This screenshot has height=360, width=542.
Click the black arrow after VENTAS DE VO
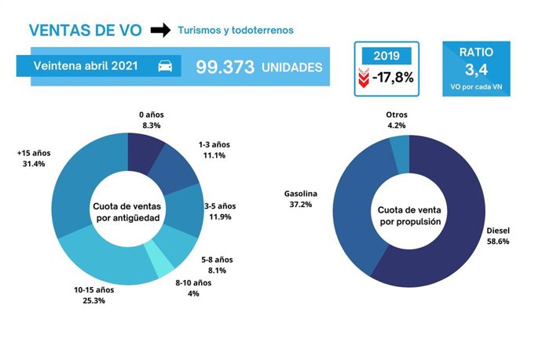(159, 31)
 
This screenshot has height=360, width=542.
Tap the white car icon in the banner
(166, 67)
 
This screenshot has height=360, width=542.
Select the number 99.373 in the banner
(225, 67)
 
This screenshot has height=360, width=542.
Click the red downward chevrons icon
(363, 78)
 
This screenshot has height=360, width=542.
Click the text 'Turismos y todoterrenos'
(236, 31)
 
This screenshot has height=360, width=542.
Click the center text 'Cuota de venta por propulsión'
(408, 216)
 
